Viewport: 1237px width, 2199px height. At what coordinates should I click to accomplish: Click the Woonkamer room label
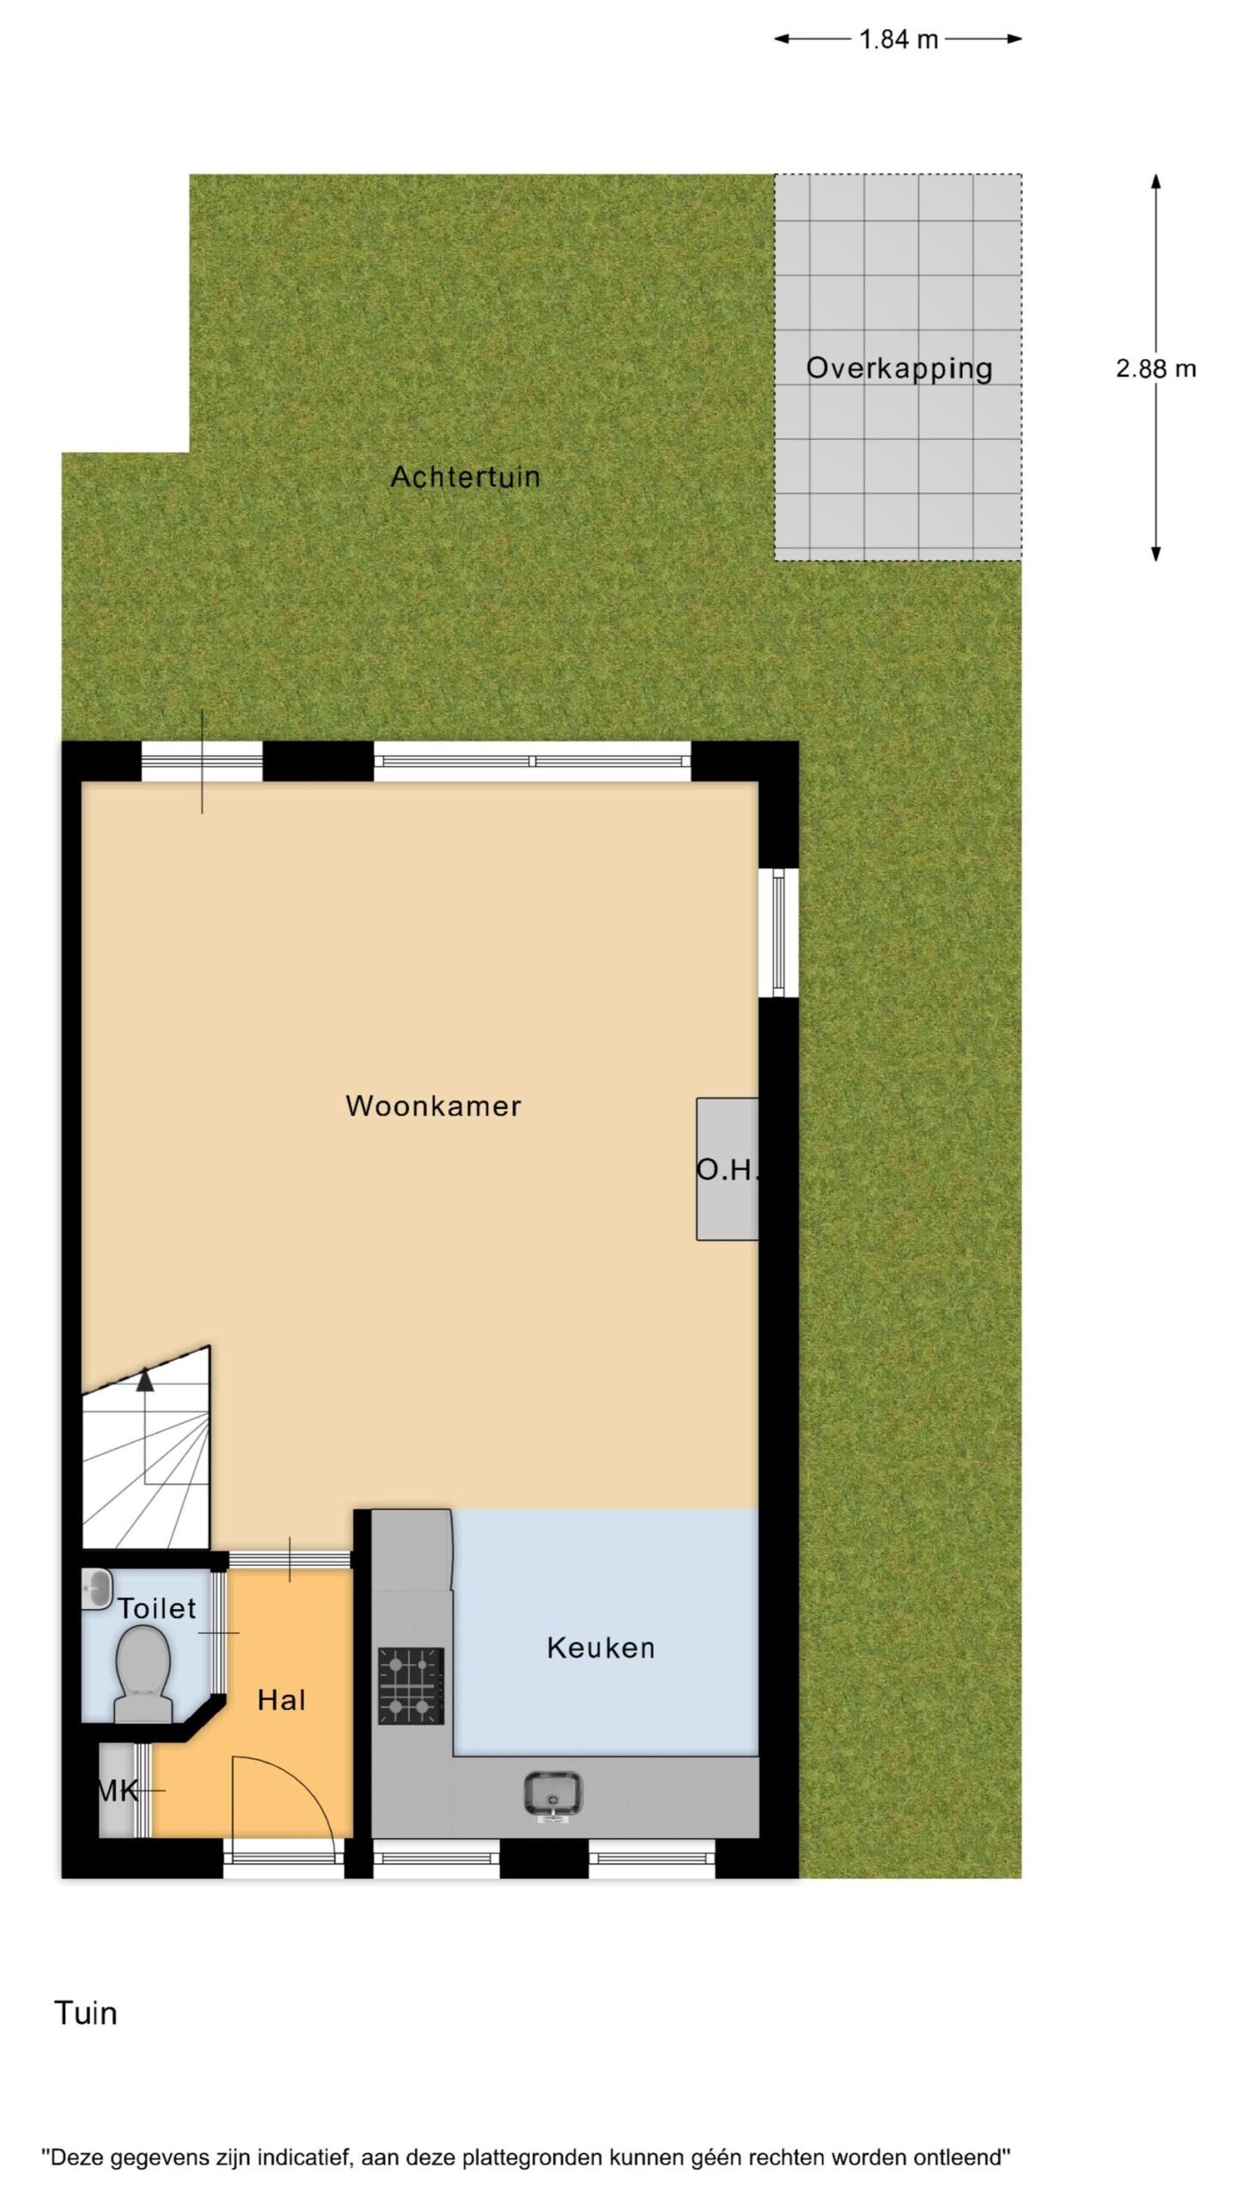433,1106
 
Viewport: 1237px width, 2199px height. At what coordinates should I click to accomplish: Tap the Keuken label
600,1648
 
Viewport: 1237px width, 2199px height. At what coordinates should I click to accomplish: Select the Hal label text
282,1700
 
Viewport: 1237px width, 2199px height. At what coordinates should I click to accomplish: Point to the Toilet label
157,1608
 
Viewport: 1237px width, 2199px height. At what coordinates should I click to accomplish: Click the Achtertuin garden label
466,477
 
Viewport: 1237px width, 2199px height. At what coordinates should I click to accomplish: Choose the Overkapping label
899,369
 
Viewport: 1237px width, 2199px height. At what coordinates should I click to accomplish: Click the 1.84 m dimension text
899,40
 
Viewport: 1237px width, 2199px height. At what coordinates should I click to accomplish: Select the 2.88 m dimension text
1155,369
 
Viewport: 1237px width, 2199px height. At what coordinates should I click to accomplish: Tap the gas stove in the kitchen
411,1686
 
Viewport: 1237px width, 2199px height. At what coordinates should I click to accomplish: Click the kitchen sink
553,1795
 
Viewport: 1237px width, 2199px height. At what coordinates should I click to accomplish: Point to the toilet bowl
143,1675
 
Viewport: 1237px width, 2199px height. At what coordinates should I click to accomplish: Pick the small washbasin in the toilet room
97,1589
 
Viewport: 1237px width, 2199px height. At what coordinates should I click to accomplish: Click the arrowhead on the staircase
145,1379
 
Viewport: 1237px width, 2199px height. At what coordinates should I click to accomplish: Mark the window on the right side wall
778,932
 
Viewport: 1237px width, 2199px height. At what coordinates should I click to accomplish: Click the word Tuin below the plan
86,2013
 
